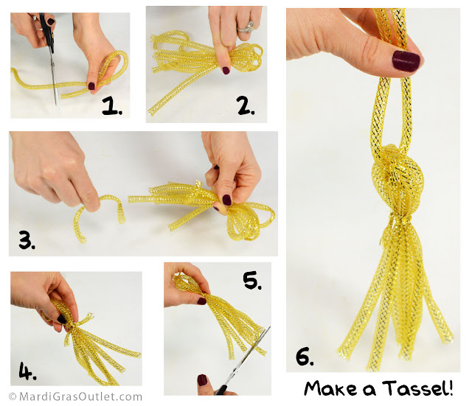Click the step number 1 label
(x=112, y=106)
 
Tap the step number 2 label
(x=246, y=106)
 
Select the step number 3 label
(x=27, y=239)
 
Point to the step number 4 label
(x=27, y=371)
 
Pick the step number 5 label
(x=252, y=280)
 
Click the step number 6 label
(x=305, y=357)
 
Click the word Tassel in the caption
(x=417, y=388)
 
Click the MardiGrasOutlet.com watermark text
(x=75, y=396)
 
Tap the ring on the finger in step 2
(x=246, y=27)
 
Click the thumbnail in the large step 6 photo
(x=406, y=61)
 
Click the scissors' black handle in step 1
(x=47, y=30)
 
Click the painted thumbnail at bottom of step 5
(x=202, y=380)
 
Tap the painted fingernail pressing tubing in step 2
(x=226, y=71)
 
